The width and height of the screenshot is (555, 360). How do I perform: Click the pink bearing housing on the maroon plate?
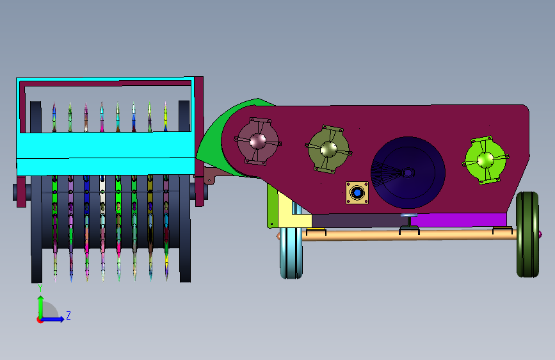(258, 142)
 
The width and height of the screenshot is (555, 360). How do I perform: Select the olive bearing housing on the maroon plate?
(328, 149)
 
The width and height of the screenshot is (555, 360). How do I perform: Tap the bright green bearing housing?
(485, 160)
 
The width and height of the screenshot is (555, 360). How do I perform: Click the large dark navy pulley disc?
(408, 172)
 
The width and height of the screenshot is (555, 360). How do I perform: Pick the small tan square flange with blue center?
(357, 193)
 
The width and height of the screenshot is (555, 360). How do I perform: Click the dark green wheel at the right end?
(527, 234)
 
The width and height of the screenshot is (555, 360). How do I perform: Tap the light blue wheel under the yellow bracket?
(291, 252)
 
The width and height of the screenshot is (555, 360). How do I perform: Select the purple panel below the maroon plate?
(458, 220)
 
